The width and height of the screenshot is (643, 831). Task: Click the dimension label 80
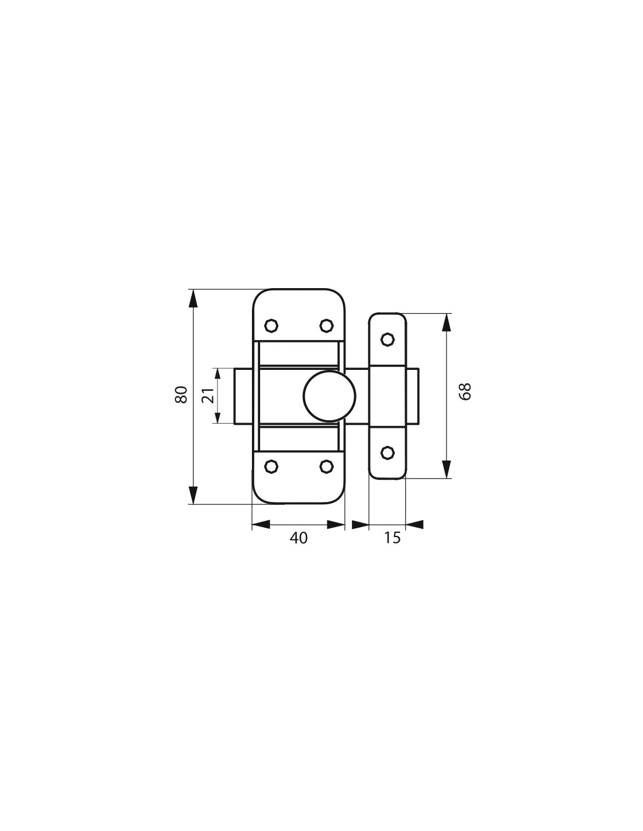tap(181, 395)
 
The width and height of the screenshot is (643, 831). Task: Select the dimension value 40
tap(298, 538)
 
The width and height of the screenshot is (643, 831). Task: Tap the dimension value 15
tap(393, 538)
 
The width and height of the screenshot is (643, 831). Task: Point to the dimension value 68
tap(465, 392)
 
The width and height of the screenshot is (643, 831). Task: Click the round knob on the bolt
tap(330, 396)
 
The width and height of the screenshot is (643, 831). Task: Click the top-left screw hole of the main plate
tap(271, 325)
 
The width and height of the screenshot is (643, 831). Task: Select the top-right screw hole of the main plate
tap(326, 325)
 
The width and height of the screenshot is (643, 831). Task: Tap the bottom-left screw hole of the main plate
tap(271, 466)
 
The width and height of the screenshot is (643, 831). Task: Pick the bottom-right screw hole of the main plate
tap(326, 466)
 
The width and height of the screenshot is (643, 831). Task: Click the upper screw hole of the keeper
tap(387, 339)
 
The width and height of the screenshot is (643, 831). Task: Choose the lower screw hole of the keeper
tap(387, 452)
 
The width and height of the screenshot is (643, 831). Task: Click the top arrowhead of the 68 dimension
tap(447, 323)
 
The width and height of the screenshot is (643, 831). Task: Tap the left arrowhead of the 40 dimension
tap(261, 525)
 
